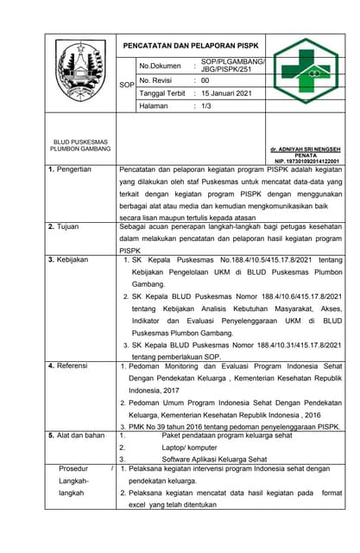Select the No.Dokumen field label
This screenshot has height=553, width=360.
(161, 66)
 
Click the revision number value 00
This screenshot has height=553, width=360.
(205, 79)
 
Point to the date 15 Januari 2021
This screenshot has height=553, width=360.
(227, 92)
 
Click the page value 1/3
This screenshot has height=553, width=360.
(207, 106)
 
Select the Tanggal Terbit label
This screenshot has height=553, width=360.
(163, 92)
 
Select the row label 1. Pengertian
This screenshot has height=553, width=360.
(70, 169)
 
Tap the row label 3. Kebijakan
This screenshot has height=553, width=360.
(69, 259)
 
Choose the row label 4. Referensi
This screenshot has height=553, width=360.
(68, 365)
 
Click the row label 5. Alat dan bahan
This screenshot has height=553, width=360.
(76, 435)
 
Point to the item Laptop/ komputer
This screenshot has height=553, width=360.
(190, 448)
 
